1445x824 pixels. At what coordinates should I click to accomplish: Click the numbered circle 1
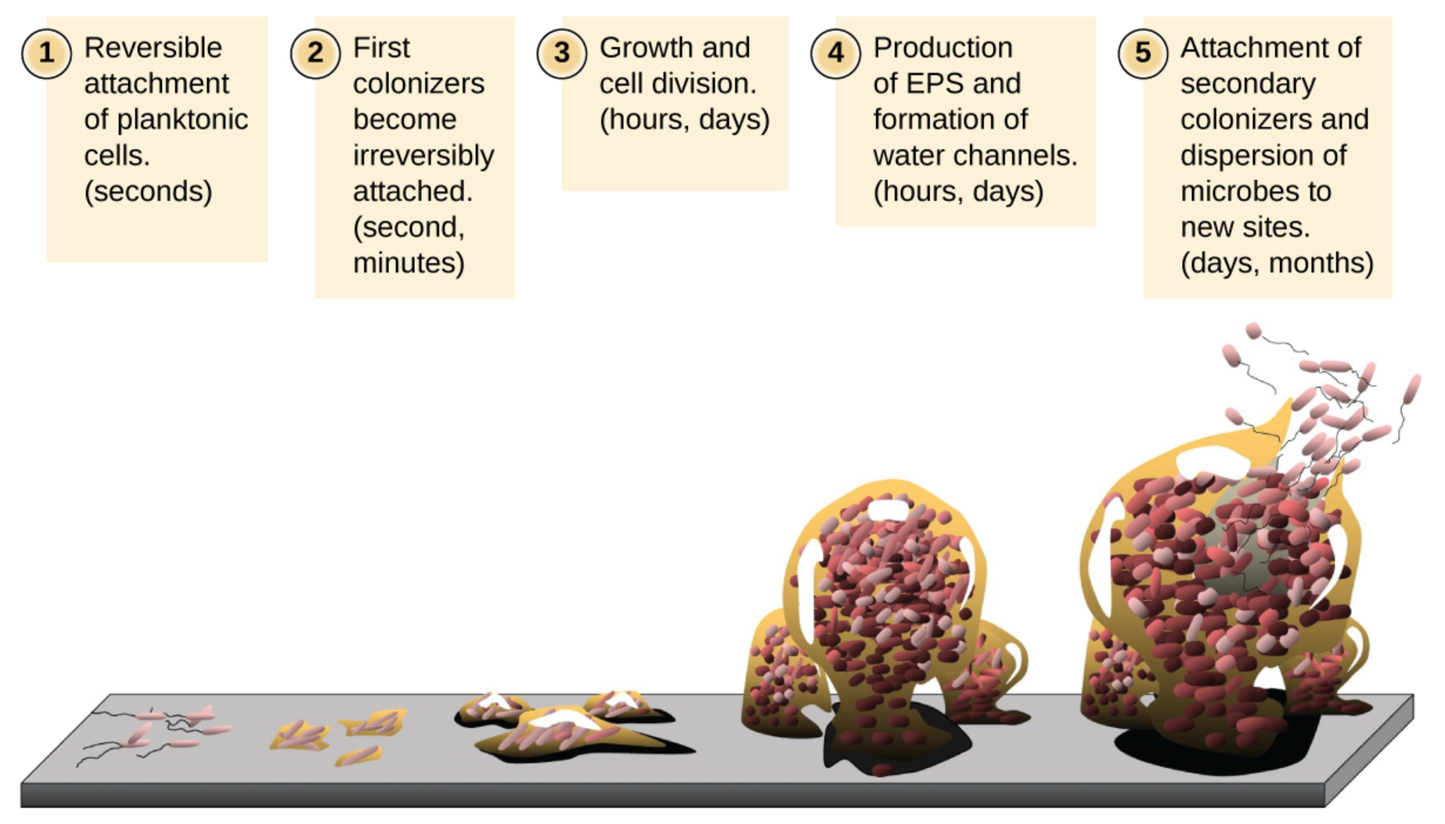[x=46, y=53]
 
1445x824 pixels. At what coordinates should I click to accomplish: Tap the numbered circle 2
[x=315, y=53]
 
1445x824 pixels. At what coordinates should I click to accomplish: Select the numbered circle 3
[x=562, y=53]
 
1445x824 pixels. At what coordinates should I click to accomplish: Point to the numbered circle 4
[x=836, y=53]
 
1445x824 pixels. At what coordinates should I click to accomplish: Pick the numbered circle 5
[x=1143, y=53]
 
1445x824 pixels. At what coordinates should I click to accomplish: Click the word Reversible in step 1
[x=153, y=48]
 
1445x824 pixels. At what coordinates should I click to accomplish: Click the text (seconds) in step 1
[x=149, y=192]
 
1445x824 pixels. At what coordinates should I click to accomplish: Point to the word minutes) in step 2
[x=409, y=263]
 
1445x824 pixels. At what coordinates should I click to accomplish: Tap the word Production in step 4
[x=942, y=48]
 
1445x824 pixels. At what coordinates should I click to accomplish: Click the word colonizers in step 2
[x=419, y=84]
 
